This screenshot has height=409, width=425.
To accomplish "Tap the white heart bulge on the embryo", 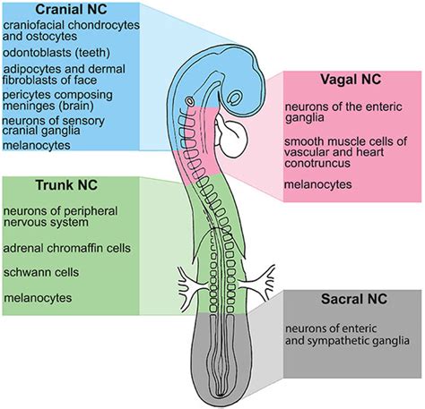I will (x=236, y=140).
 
